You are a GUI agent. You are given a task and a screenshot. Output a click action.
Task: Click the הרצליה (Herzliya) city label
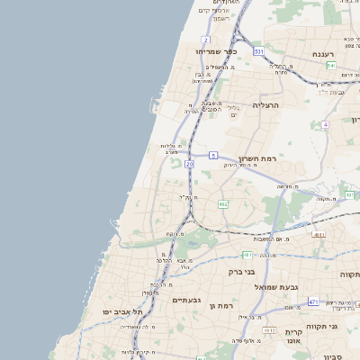pyautogui.click(x=267, y=105)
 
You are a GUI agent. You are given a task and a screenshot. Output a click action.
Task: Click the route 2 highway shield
pyautogui.click(x=206, y=40)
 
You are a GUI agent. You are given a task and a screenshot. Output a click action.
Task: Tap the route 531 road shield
pyautogui.click(x=258, y=52)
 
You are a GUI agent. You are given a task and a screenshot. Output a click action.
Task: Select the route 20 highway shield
pyautogui.click(x=189, y=165)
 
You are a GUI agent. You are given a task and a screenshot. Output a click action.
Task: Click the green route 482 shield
pyautogui.click(x=222, y=204)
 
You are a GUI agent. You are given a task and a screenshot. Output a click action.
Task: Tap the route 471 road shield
pyautogui.click(x=312, y=301)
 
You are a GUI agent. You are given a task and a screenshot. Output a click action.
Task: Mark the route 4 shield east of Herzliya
pyautogui.click(x=324, y=125)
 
